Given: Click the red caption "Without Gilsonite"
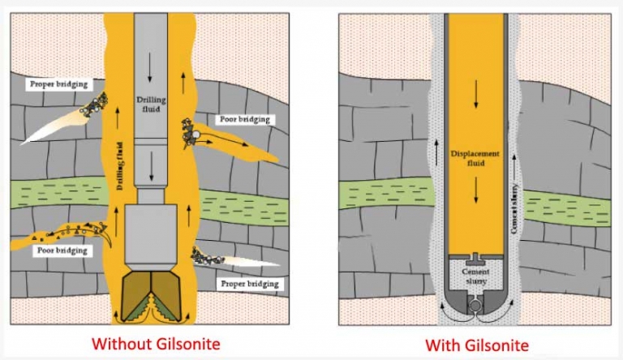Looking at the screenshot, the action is (x=156, y=344).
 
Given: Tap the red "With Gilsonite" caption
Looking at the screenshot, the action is (x=477, y=345).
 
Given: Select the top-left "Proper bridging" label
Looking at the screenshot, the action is (x=58, y=84).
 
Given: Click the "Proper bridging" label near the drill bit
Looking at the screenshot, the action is (x=250, y=284).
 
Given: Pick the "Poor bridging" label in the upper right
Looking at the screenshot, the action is (x=245, y=119).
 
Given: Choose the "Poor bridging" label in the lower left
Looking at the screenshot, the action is (x=62, y=251).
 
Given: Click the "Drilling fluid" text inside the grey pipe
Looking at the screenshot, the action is (x=151, y=104).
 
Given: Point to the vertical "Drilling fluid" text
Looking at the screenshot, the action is (x=120, y=166).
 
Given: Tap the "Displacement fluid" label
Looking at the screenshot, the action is (x=475, y=158).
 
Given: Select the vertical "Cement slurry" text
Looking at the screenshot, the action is (x=514, y=208).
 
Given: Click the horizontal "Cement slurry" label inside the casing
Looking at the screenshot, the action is (x=475, y=276).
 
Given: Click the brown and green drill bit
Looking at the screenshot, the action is (x=151, y=297).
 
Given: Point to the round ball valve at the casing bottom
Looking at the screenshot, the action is (x=475, y=306).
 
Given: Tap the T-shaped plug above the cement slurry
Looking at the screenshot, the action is (x=475, y=260).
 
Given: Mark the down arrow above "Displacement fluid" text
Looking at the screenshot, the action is (x=475, y=94).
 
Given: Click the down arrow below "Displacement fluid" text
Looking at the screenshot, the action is (x=475, y=190).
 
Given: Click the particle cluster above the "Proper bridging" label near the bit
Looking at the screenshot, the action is (x=207, y=257).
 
